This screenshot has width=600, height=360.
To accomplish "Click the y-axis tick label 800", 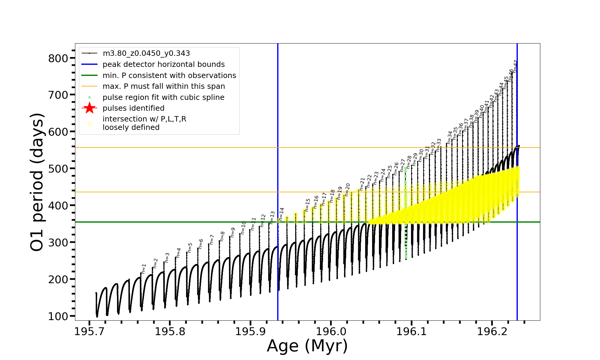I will pos(58,58).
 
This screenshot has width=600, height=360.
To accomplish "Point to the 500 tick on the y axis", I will pos(58,169).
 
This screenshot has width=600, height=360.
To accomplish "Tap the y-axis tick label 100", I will pos(58,316).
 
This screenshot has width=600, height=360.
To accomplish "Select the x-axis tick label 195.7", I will pos(89,331).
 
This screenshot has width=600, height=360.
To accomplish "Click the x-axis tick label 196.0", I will pos(331,331).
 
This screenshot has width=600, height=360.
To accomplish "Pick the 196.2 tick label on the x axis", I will pos(491,331).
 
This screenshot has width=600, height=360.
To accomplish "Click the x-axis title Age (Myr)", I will pos(307,346).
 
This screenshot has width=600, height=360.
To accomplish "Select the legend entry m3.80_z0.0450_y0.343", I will pos(146,53).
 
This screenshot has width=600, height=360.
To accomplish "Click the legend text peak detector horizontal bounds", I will pos(163,64).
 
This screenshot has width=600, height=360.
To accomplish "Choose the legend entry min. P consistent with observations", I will pos(169,75).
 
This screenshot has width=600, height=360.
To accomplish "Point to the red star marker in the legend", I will pos(89,108).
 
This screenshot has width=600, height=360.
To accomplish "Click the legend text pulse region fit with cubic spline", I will pos(163,97).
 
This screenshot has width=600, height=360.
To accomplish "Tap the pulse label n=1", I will pos(144,269).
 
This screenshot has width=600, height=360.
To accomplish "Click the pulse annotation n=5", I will pos(190,247).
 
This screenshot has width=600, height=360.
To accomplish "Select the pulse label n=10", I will pos(243,228).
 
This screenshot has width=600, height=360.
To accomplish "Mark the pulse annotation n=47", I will pos(515,66).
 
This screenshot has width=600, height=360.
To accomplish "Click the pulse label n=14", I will pos(281,214).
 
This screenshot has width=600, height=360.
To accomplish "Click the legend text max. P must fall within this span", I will pos(163,86).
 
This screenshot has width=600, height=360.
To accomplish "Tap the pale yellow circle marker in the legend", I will pos(89,124).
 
